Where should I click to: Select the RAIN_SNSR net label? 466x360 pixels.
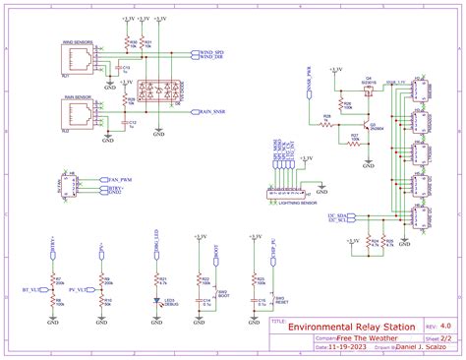click(x=213, y=113)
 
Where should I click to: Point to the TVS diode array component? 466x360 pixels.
click(x=155, y=90)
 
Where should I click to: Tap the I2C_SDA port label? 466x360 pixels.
click(x=337, y=213)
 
